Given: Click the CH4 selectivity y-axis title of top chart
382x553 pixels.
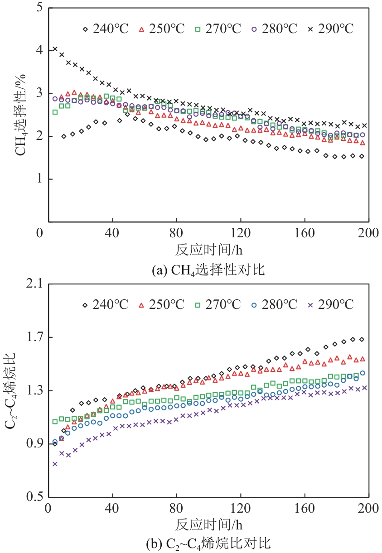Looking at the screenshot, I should click(22, 115).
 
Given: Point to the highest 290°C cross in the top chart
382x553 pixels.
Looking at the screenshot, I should click(55, 49).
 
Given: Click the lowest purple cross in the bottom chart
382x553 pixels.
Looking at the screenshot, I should click(55, 464).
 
